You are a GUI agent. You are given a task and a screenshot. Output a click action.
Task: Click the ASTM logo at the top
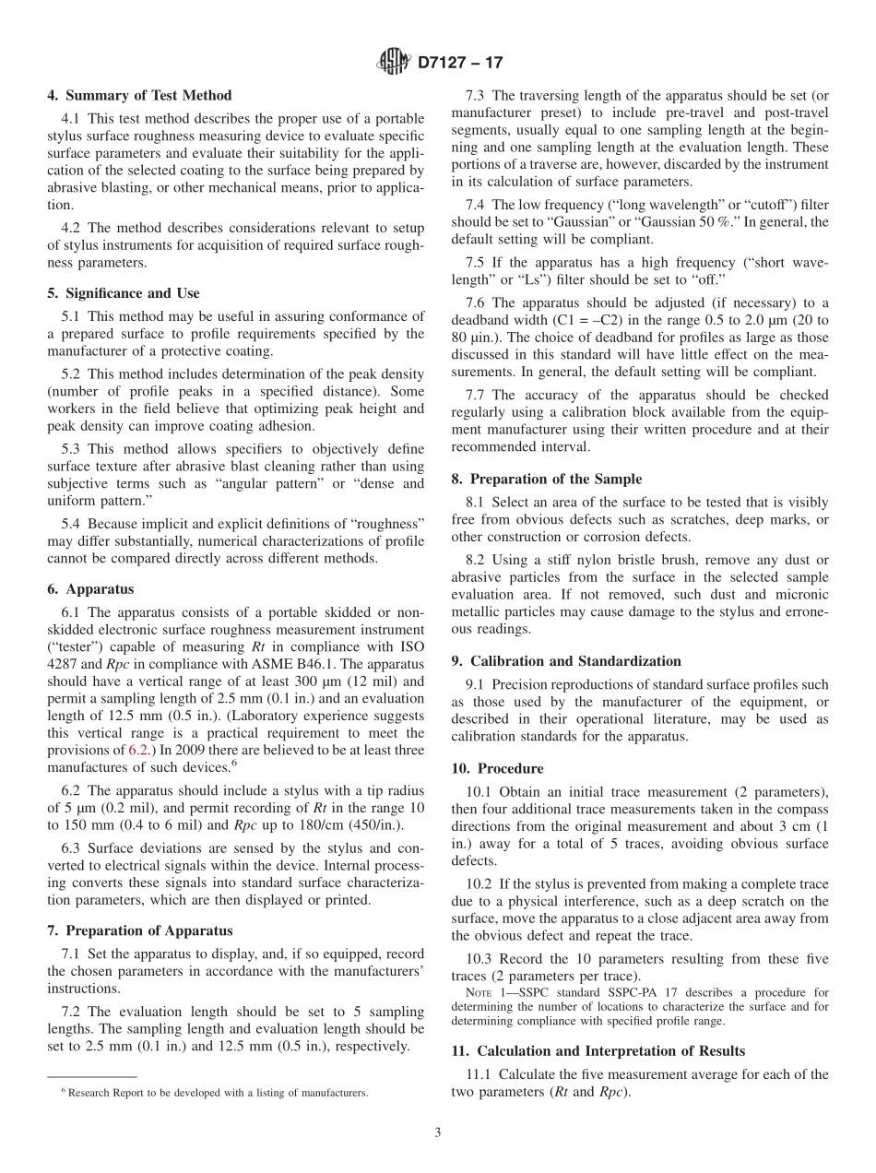tap(394, 63)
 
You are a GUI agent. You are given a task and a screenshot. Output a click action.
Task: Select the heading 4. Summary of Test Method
tap(139, 95)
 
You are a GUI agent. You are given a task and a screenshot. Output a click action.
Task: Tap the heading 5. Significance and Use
tap(123, 293)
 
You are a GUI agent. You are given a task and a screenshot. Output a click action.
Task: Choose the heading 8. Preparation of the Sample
tap(546, 479)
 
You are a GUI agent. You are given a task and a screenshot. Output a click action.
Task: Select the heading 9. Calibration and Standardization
tap(566, 661)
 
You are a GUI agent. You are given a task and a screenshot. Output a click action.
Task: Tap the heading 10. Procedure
tap(497, 768)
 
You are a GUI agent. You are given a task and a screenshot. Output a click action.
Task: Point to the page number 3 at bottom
tap(438, 1133)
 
